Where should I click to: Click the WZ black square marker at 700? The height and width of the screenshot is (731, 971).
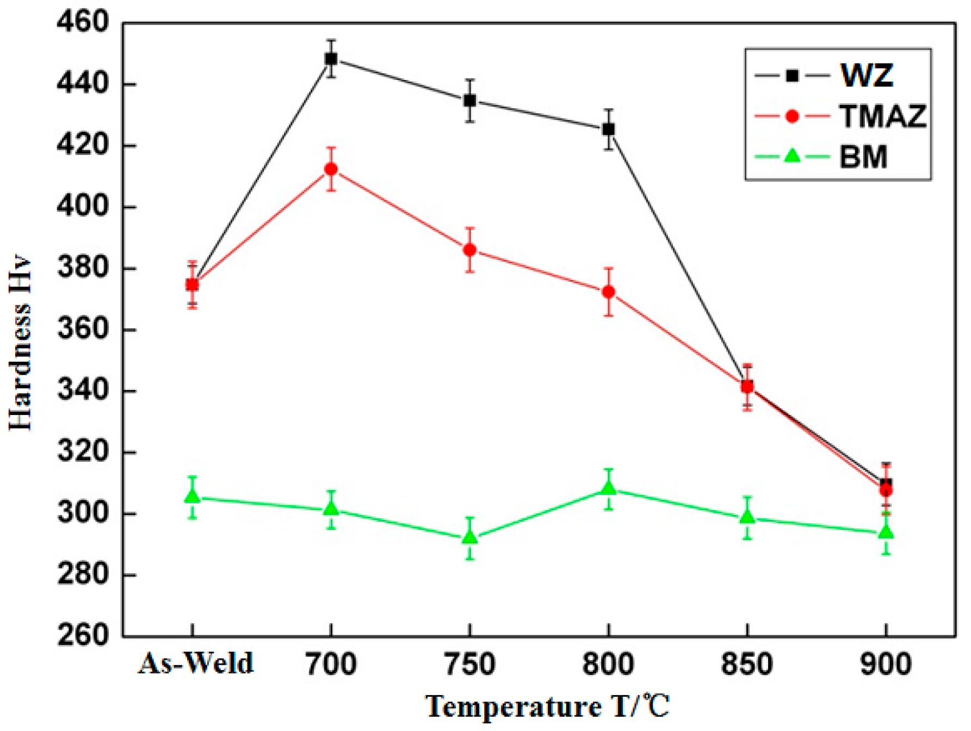click(331, 59)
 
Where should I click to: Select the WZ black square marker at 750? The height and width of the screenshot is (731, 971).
click(469, 101)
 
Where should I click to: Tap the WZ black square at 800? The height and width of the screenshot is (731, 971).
click(609, 129)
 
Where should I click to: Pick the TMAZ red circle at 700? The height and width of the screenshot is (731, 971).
click(331, 169)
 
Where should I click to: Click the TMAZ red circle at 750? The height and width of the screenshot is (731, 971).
click(469, 250)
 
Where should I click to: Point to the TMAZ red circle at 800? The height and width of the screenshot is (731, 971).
click(609, 292)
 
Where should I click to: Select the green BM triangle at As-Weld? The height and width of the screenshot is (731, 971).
click(192, 496)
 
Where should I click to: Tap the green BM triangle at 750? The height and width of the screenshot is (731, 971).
click(469, 537)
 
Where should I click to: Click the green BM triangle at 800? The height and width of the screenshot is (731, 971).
click(609, 488)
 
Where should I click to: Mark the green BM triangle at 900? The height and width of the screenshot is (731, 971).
click(886, 532)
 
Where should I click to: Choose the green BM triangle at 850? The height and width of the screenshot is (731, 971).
click(747, 517)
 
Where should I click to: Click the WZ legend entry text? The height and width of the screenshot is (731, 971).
click(866, 75)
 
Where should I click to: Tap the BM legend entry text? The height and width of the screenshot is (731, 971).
click(863, 157)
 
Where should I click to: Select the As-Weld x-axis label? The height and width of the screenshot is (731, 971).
click(196, 664)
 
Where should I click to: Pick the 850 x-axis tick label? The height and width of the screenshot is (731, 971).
click(747, 664)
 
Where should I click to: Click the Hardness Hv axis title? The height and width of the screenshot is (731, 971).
click(20, 343)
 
